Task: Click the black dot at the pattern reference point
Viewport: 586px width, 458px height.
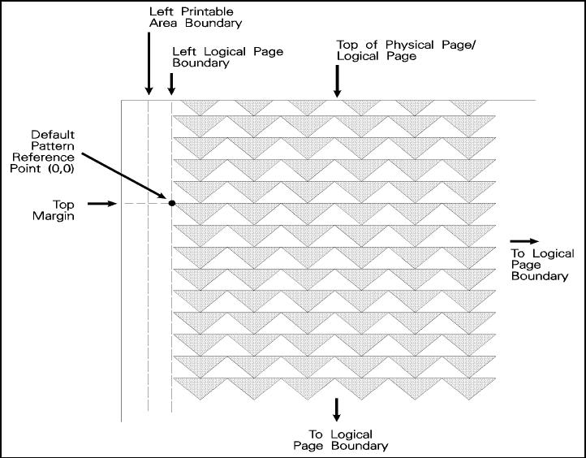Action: pos(172,201)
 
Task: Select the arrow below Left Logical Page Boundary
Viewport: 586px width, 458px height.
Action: pos(171,84)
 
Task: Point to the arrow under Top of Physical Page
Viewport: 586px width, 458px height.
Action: pos(338,81)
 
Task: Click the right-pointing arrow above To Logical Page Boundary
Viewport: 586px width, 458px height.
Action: pos(524,241)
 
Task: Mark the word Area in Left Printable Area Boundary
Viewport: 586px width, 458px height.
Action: pos(165,24)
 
